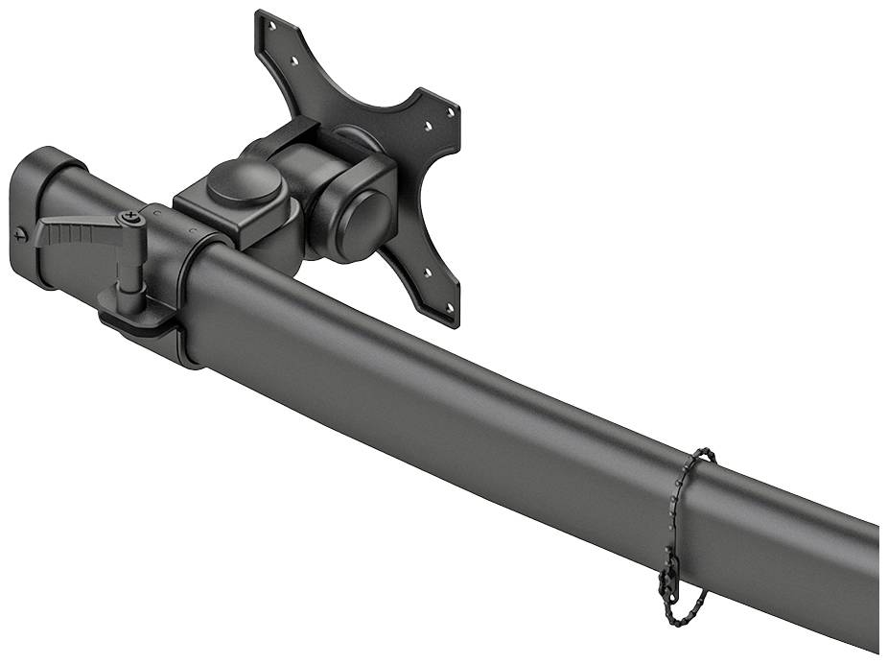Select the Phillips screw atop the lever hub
click(x=131, y=220)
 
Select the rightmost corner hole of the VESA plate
click(x=451, y=112)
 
